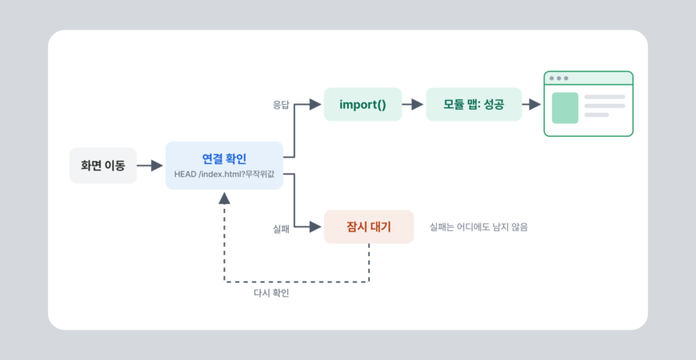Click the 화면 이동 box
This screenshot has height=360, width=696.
pyautogui.click(x=103, y=166)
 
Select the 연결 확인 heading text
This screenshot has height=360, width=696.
pyautogui.click(x=224, y=158)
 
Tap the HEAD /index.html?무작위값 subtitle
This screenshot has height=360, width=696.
pyautogui.click(x=224, y=174)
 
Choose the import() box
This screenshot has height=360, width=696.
pyautogui.click(x=362, y=104)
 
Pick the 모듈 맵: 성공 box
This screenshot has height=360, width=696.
pyautogui.click(x=474, y=104)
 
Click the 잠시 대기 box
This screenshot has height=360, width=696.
pyautogui.click(x=369, y=227)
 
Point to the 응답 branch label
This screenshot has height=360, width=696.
pyautogui.click(x=281, y=106)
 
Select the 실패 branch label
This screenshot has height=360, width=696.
pyautogui.click(x=281, y=230)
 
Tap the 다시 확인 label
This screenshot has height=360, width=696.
pyautogui.click(x=271, y=294)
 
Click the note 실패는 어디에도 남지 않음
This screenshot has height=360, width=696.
pyautogui.click(x=479, y=227)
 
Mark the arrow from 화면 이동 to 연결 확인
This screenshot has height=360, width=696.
pyautogui.click(x=150, y=166)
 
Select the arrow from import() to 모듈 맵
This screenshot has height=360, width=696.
pyautogui.click(x=412, y=104)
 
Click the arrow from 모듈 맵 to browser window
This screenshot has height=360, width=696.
pyautogui.click(x=531, y=104)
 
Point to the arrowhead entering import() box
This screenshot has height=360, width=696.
pyautogui.click(x=315, y=104)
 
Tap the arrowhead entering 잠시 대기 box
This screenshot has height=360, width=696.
pyautogui.click(x=315, y=227)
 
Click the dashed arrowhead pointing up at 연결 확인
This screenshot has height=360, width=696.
pyautogui.click(x=225, y=198)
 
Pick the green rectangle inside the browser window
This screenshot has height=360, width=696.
pyautogui.click(x=565, y=108)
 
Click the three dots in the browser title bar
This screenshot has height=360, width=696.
pyautogui.click(x=559, y=78)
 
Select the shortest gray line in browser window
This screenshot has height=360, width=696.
pyautogui.click(x=597, y=115)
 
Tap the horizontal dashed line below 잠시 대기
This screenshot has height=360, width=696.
pyautogui.click(x=297, y=282)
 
